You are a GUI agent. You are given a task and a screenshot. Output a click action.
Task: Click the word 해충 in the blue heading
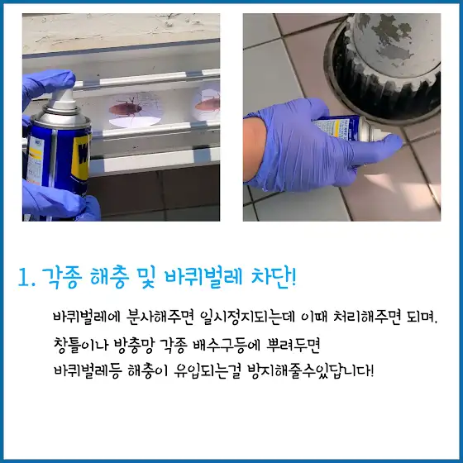pyautogui.click(x=109, y=278)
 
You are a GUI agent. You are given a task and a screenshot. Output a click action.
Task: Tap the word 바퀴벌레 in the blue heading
pyautogui.click(x=203, y=277)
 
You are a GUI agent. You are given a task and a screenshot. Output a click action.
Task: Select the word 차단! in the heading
pyautogui.click(x=274, y=277)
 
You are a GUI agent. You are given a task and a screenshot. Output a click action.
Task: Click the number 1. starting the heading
pyautogui.click(x=26, y=279)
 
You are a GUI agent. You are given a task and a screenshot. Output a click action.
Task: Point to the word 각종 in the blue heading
pyautogui.click(x=62, y=278)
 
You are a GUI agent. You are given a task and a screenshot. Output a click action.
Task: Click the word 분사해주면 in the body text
pyautogui.click(x=160, y=317)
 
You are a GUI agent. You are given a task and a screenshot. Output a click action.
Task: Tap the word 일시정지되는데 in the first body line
pyautogui.click(x=248, y=317)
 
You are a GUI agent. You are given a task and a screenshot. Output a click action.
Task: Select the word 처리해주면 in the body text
pyautogui.click(x=367, y=317)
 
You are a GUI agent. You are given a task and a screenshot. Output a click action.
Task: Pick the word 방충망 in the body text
pyautogui.click(x=135, y=346)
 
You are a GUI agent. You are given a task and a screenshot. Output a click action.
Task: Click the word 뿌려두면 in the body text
pyautogui.click(x=294, y=345)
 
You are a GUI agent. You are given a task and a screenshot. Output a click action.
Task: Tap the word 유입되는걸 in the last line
pyautogui.click(x=207, y=371)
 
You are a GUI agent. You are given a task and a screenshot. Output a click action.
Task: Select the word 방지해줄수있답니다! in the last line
pyautogui.click(x=310, y=371)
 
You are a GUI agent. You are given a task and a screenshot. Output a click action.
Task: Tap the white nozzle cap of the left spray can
pyautogui.click(x=62, y=98)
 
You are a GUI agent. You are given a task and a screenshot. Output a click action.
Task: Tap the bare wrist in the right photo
pyautogui.click(x=254, y=148)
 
